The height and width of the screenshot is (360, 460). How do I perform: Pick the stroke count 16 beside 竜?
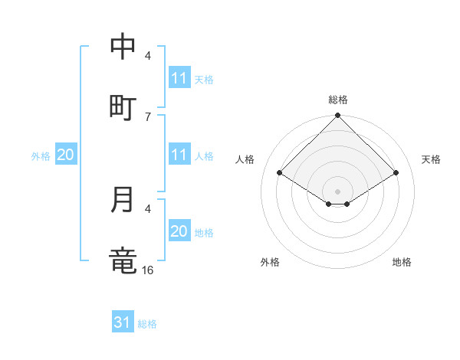(x=148, y=270)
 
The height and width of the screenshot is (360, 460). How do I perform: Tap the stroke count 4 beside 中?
(x=148, y=55)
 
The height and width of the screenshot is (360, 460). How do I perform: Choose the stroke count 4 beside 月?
(x=148, y=208)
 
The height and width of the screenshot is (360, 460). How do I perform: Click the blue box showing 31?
(x=123, y=323)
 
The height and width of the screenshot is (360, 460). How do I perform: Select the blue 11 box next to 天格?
(x=179, y=78)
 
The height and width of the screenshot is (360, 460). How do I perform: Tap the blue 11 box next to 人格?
(x=179, y=155)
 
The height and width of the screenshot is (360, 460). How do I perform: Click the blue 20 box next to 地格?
(x=179, y=231)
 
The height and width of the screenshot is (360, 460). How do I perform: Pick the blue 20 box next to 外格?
(x=66, y=155)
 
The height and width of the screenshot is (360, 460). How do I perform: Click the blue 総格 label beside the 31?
(x=147, y=324)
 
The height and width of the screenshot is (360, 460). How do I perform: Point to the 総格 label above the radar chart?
(x=338, y=100)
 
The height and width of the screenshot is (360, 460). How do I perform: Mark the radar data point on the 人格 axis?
(x=279, y=173)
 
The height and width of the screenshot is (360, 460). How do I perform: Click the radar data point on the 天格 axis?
(x=396, y=173)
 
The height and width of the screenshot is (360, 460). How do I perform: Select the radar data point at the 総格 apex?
(x=338, y=116)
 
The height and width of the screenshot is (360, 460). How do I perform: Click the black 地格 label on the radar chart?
(x=402, y=262)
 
